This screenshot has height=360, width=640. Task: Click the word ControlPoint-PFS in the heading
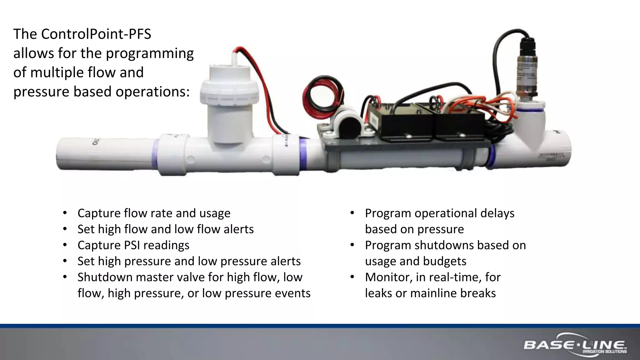tap(96, 34)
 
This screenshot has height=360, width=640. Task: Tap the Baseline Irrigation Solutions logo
tap(575, 346)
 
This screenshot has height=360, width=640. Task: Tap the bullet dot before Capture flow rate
tap(65, 213)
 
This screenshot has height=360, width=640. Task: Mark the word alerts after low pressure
tap(286, 261)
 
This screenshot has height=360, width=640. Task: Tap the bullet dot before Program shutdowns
tap(352, 245)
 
